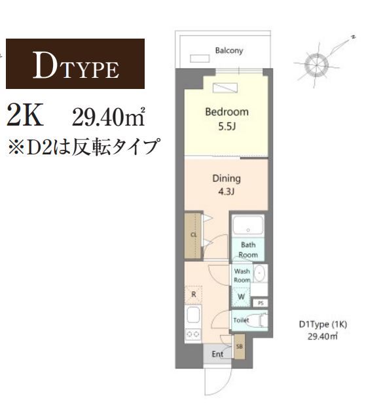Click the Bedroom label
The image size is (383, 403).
pyautogui.click(x=227, y=112)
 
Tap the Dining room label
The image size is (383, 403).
pyautogui.click(x=227, y=178)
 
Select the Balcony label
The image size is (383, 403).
pyautogui.click(x=229, y=50)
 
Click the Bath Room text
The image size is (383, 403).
pyautogui.click(x=247, y=250)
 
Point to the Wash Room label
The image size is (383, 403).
pyautogui.click(x=242, y=275)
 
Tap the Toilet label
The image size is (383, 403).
pyautogui.click(x=241, y=320)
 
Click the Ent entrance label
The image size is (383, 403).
pyautogui.click(x=217, y=354)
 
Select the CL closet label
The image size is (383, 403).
pyautogui.click(x=194, y=234)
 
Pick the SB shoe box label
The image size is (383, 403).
pyautogui.click(x=239, y=347)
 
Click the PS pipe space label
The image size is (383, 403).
pyautogui.click(x=260, y=303)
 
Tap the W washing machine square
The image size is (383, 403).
pyautogui.click(x=241, y=297)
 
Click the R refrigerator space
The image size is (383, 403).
pyautogui.click(x=193, y=294)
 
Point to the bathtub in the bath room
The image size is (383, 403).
pyautogui.click(x=247, y=226)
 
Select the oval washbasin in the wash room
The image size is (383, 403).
pyautogui.click(x=259, y=273)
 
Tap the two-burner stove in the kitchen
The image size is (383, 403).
pyautogui.click(x=193, y=333)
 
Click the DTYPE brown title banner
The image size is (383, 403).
pyautogui.click(x=75, y=64)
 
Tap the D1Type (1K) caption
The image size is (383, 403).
pyautogui.click(x=323, y=324)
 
